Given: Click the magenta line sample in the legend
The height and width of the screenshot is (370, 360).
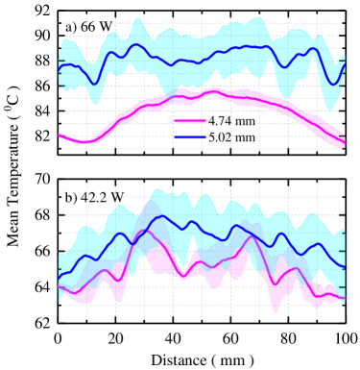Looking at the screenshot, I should click(x=190, y=121).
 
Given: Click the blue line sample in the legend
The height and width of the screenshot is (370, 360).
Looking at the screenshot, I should click(x=190, y=137).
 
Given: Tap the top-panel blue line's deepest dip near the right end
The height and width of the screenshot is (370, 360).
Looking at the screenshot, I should click(x=332, y=84).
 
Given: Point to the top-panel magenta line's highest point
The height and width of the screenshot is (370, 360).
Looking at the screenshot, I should click(x=213, y=91).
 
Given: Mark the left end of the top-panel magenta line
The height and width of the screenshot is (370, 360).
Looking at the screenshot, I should click(x=59, y=135).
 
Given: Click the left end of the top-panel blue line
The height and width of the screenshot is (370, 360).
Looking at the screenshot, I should click(x=59, y=69).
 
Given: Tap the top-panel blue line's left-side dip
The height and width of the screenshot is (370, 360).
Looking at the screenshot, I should click(x=94, y=83).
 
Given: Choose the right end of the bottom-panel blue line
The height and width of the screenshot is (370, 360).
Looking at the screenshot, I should click(x=344, y=253).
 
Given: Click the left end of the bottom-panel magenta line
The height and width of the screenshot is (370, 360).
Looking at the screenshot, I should click(x=59, y=286).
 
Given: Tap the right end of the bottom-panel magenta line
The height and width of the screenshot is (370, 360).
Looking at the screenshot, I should click(x=344, y=299).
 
